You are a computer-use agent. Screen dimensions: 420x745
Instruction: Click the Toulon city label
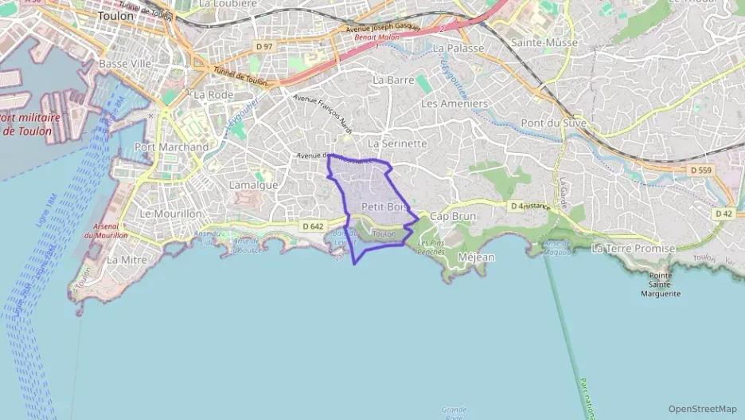(x=115, y=15)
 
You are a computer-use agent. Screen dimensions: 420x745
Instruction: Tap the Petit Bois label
(x=384, y=206)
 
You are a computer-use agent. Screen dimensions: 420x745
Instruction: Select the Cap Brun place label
(x=452, y=216)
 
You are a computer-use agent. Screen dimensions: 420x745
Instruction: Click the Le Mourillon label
(x=170, y=214)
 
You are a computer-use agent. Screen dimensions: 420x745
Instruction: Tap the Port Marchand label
(x=172, y=147)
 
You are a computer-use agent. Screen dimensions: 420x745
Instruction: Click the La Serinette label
(x=397, y=143)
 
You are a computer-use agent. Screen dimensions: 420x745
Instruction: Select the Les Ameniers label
(x=454, y=104)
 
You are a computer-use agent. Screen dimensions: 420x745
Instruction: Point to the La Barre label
(x=390, y=80)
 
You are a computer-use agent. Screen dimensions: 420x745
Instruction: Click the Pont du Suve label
(x=553, y=123)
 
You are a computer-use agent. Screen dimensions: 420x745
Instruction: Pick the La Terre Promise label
(x=633, y=249)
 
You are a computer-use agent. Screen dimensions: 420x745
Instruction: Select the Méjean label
(x=477, y=257)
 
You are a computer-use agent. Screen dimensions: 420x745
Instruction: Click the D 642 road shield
(x=313, y=226)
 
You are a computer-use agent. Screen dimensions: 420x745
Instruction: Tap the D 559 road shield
(x=700, y=170)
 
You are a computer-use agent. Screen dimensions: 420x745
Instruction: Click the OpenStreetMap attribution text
(x=702, y=409)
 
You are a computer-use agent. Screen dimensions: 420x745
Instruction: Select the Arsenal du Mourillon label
(x=106, y=231)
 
